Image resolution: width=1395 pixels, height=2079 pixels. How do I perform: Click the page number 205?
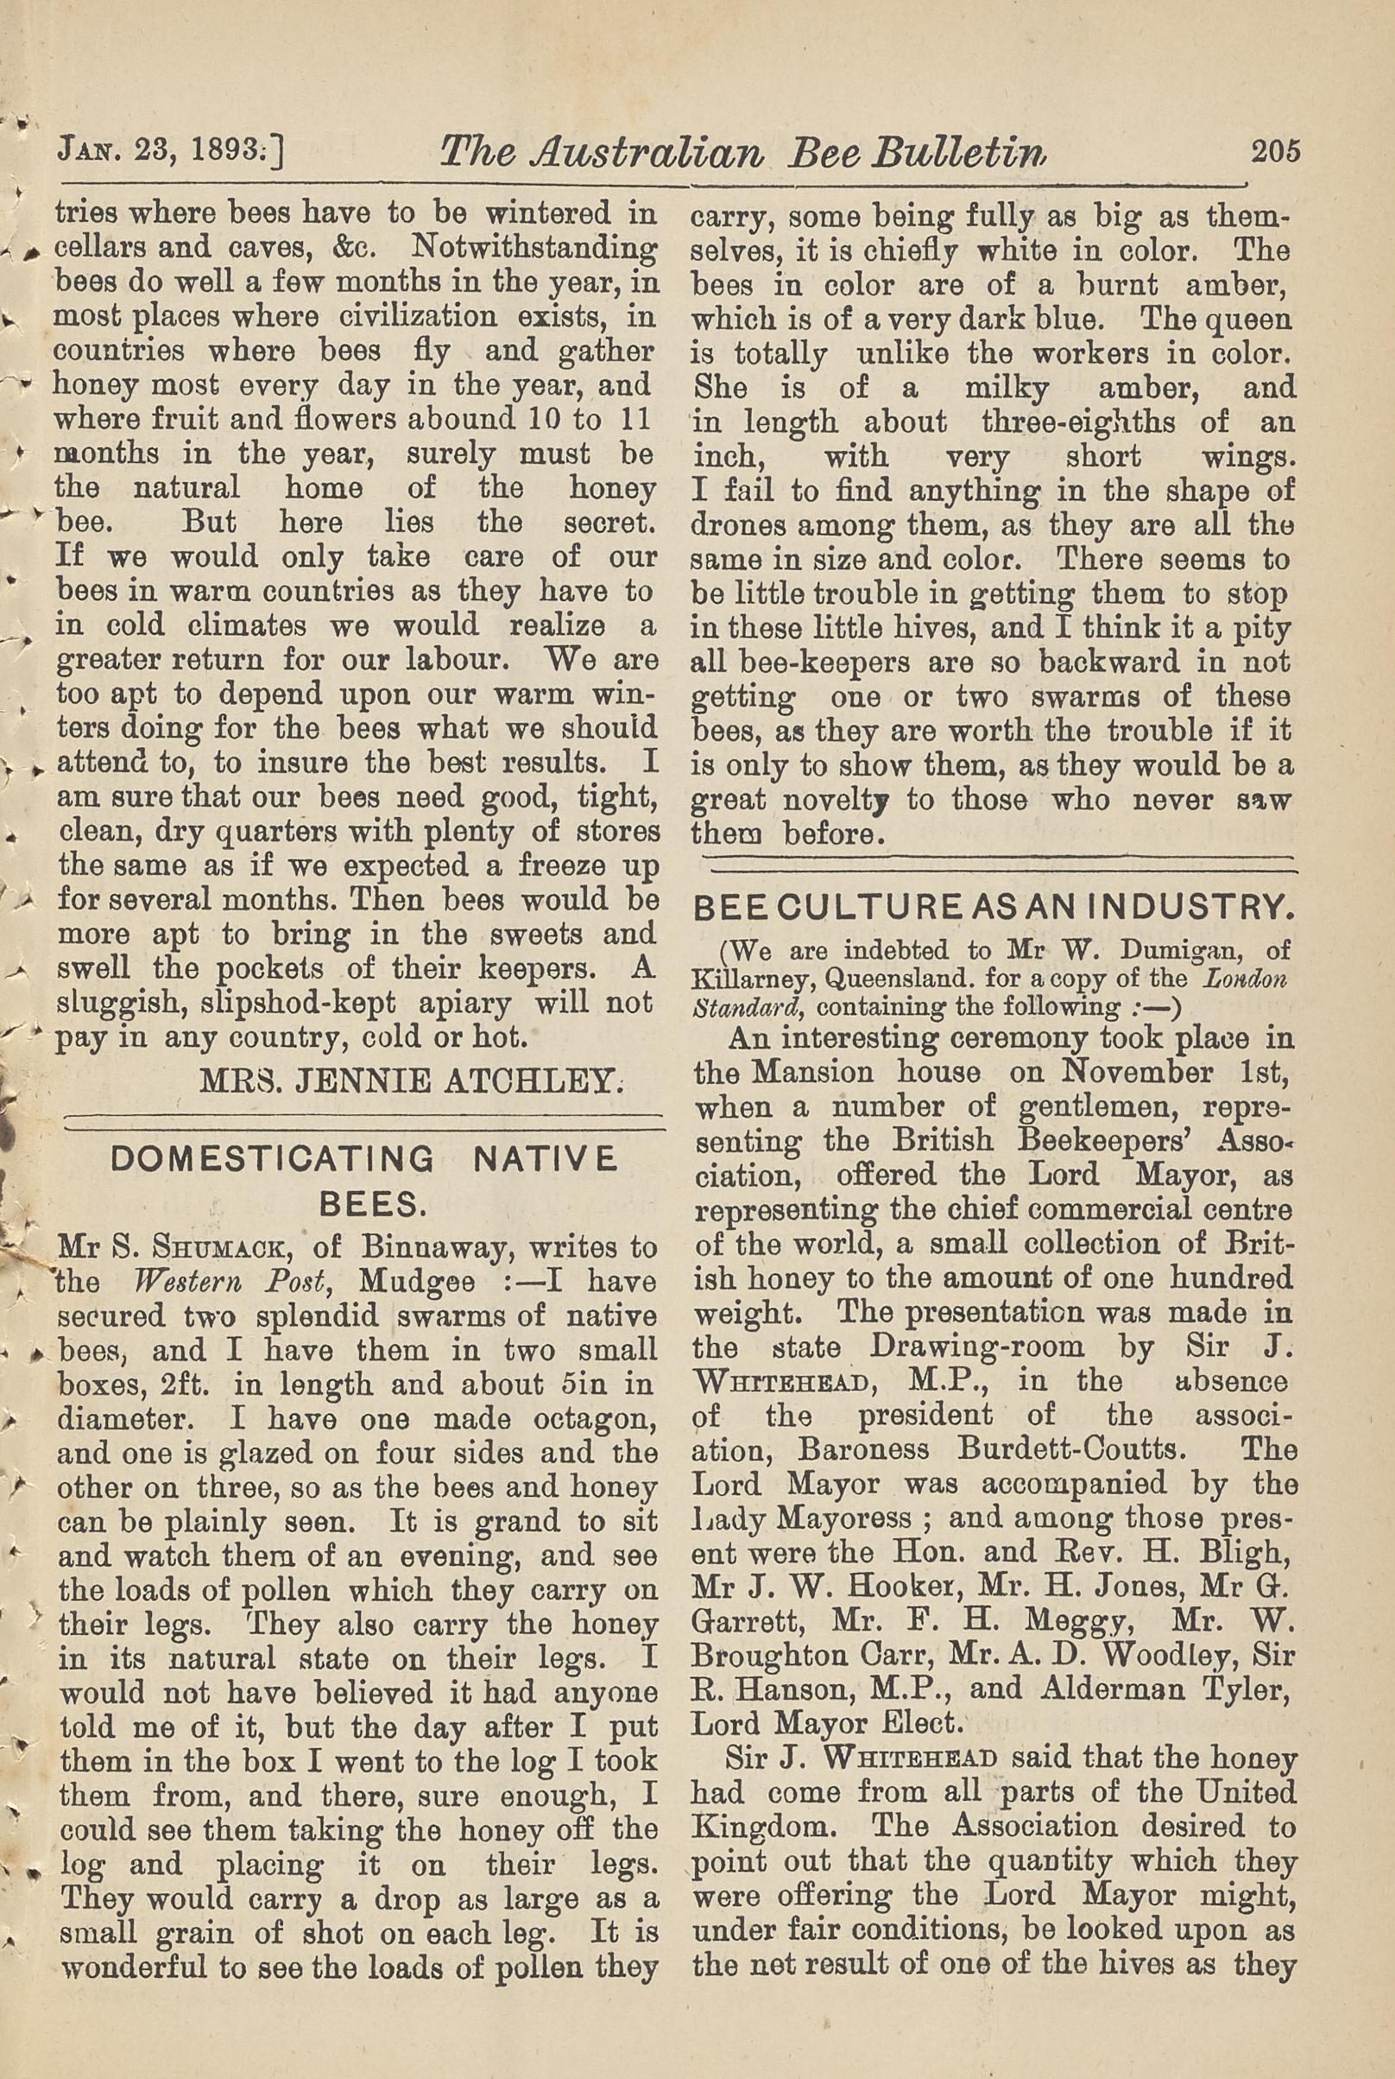coord(1275,150)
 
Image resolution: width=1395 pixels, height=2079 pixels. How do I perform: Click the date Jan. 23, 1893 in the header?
coord(169,151)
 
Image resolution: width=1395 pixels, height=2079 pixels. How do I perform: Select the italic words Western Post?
coord(237,1283)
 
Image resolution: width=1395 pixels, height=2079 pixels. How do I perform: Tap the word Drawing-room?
coord(982,1347)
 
